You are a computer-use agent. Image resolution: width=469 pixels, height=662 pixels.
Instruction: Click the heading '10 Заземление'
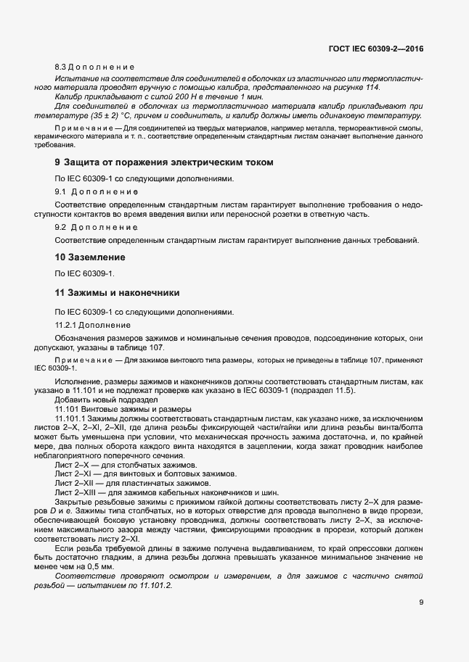click(91, 257)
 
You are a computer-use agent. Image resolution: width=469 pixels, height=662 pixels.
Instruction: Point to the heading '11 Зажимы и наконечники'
click(118, 293)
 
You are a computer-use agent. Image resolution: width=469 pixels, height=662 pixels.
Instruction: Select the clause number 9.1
click(61, 191)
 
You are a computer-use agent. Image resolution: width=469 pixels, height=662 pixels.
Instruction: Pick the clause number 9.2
click(61, 227)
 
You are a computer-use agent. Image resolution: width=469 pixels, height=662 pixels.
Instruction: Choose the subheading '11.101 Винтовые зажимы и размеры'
click(123, 409)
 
